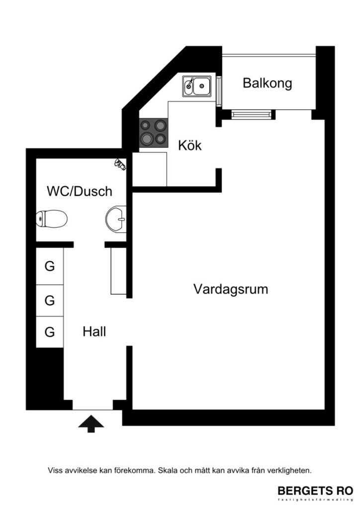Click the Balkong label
267,83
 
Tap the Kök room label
190,146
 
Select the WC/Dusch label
80,191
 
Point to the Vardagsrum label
231,289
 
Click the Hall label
94,332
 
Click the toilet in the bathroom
52,218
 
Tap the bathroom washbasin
116,218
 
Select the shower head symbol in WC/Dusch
120,164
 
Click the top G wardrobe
50,266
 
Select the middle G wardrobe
50,300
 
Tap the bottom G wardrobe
50,332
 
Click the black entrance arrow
91,424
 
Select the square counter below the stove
149,169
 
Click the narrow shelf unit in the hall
118,270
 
